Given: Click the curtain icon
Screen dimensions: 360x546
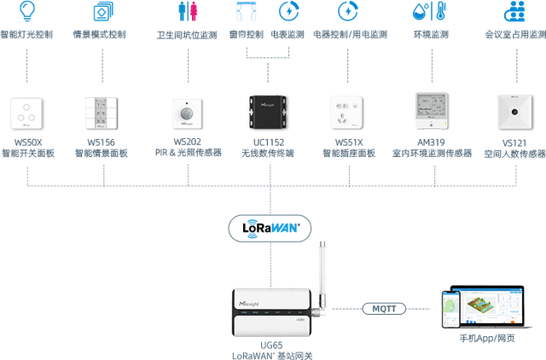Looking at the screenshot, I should point(247,11).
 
